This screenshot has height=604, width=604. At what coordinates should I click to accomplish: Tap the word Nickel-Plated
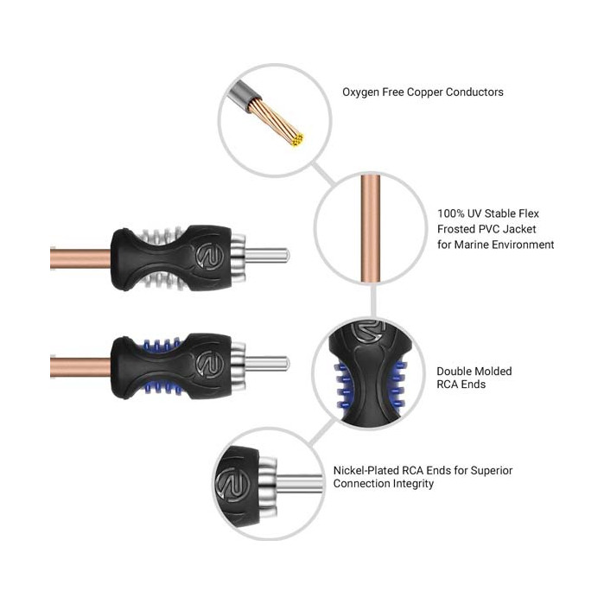pyautogui.click(x=366, y=470)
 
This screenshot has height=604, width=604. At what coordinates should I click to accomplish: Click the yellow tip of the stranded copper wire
pyautogui.click(x=297, y=139)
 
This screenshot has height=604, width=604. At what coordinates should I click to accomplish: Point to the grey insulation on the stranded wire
pyautogui.click(x=244, y=95)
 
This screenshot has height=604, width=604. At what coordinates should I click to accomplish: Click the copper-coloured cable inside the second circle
pyautogui.click(x=371, y=229)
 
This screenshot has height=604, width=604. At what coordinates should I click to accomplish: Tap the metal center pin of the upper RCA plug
pyautogui.click(x=266, y=256)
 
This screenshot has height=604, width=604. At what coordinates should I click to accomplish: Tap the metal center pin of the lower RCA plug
pyautogui.click(x=266, y=364)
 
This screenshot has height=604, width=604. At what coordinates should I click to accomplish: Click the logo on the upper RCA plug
pyautogui.click(x=210, y=256)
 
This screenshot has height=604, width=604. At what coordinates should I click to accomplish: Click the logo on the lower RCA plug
pyautogui.click(x=210, y=365)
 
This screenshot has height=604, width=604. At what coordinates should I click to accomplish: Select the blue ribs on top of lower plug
pyautogui.click(x=161, y=345)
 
